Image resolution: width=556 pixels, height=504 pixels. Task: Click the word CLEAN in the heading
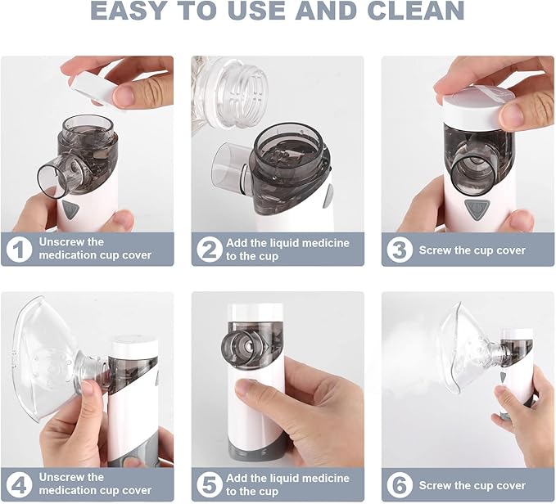coord(416,10)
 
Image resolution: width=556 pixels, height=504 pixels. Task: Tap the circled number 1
coord(19,249)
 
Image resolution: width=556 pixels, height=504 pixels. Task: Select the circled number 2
coord(210,250)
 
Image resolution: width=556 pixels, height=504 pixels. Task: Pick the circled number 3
coord(400,250)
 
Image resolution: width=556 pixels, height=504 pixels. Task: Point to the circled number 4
coord(19,484)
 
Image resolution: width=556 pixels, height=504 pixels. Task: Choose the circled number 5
coord(210,485)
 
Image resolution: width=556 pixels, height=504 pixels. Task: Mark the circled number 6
coord(400,485)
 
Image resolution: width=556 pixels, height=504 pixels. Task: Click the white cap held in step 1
coord(93,88)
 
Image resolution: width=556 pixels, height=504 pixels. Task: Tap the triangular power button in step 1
coord(70,209)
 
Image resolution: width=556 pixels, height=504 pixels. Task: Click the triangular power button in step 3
coord(477,209)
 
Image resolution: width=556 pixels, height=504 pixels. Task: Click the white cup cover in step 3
coord(479,106)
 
